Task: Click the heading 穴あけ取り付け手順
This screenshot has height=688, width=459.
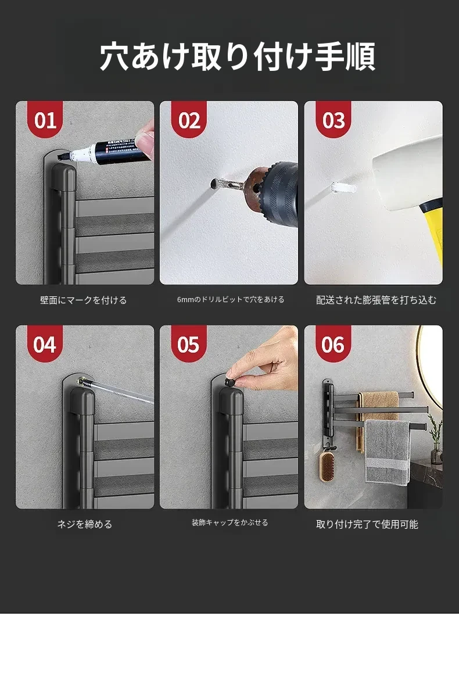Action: pos(238,56)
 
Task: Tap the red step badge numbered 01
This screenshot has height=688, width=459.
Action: pos(45,119)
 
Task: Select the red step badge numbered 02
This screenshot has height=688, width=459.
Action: pos(189,119)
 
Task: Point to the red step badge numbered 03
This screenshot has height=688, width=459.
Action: pos(334,119)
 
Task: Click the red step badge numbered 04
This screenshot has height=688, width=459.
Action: pos(45,343)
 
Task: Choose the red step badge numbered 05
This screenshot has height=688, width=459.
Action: pos(189,343)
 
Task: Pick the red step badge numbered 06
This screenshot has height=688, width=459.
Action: pos(334,343)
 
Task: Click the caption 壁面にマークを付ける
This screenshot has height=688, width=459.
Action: pos(83,300)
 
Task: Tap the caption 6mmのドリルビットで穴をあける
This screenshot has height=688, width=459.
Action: pos(231,300)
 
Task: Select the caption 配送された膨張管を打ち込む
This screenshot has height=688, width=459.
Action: pos(376,300)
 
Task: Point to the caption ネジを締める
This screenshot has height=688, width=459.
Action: pos(85,524)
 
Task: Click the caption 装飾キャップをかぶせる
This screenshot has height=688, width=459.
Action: pos(230,522)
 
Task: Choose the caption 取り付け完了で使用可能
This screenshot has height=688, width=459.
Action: pos(367,524)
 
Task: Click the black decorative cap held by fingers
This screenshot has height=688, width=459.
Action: pos(229,381)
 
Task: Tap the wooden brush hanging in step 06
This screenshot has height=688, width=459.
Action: pos(327,466)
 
